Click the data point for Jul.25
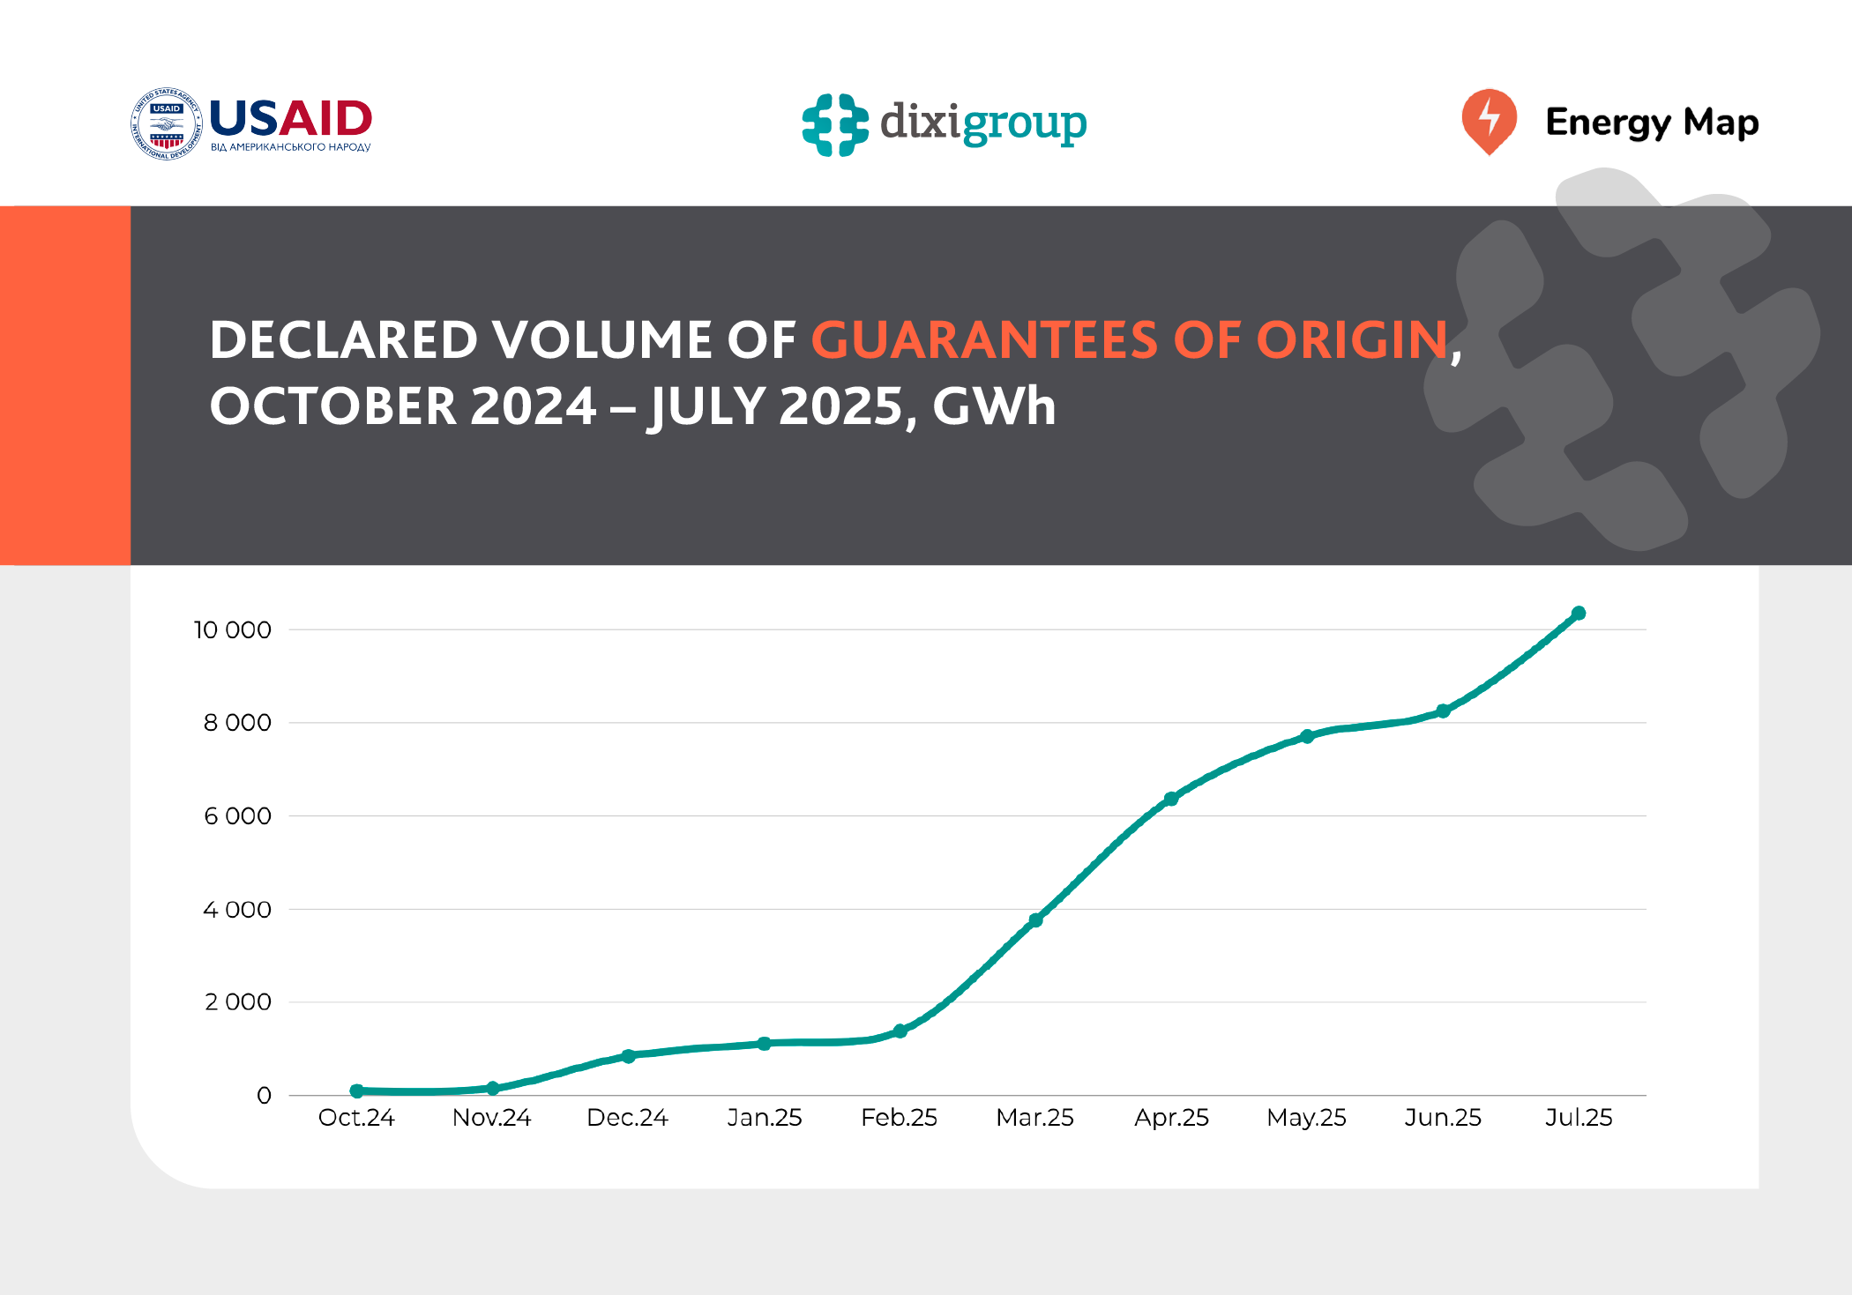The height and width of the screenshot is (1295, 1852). click(1579, 613)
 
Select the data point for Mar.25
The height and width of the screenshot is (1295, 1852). click(1035, 919)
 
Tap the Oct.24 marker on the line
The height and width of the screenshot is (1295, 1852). click(356, 1090)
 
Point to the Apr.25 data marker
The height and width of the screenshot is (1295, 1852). click(1171, 799)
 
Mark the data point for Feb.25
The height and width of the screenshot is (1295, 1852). click(900, 1031)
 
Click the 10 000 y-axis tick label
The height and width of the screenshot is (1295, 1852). click(232, 629)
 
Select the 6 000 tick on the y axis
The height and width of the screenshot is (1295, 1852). click(237, 815)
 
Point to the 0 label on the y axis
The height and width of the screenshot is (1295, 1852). click(264, 1095)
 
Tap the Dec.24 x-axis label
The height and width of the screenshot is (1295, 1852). click(627, 1117)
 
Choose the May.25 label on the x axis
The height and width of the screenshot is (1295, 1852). click(1306, 1117)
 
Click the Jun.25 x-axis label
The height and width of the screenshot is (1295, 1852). click(1443, 1117)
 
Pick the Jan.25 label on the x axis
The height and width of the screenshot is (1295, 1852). click(764, 1117)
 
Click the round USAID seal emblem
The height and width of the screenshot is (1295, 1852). click(167, 123)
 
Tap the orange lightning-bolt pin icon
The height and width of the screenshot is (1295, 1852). click(1489, 121)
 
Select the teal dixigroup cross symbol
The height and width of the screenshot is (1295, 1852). click(834, 124)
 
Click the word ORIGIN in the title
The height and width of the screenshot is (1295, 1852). click(1352, 339)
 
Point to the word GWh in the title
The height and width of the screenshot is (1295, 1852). click(994, 406)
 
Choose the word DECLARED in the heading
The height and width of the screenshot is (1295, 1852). click(343, 339)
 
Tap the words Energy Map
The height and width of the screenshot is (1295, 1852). click(1652, 122)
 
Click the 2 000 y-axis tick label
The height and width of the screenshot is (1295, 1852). click(237, 1001)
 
